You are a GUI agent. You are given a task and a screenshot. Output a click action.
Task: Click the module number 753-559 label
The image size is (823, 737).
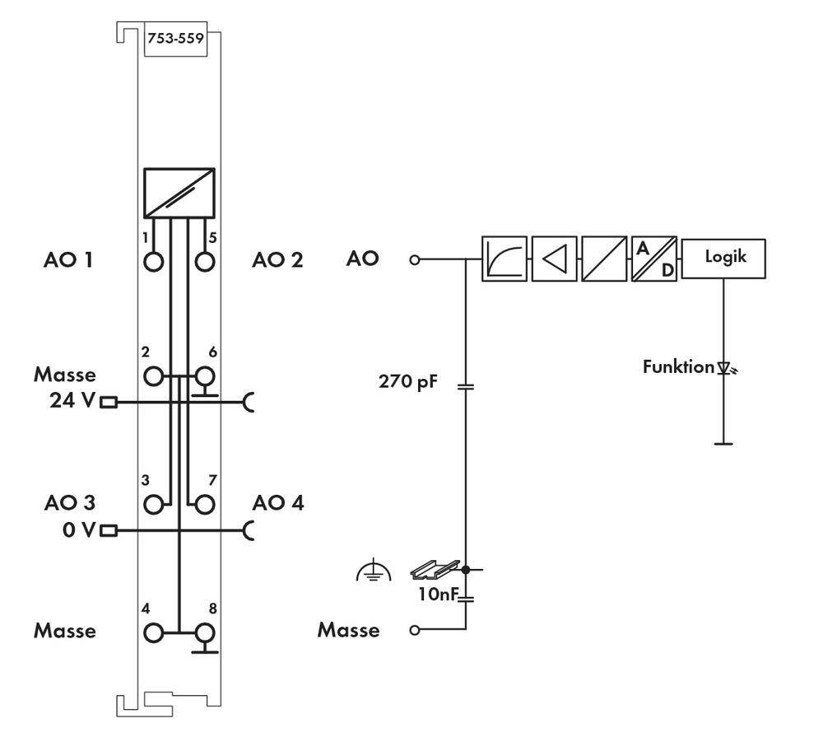coord(175,38)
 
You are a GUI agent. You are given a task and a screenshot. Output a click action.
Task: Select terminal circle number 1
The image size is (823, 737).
coord(154,262)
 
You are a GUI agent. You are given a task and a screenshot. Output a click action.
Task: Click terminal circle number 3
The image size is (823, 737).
coord(154,503)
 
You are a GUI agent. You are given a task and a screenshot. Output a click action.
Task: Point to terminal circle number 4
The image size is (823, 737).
coord(154,632)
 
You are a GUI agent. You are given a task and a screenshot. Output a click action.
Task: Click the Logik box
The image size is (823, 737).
coord(723,259)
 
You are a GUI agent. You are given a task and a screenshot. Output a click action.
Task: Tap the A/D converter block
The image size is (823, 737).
coord(654,259)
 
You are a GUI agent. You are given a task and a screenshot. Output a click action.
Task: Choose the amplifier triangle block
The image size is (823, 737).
coord(554,259)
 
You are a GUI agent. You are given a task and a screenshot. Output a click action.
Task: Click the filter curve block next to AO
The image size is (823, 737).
coord(504,259)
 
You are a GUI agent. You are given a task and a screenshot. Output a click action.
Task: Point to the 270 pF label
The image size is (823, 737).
coord(407,382)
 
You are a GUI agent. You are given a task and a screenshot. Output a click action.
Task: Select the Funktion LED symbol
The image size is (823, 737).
coord(725,368)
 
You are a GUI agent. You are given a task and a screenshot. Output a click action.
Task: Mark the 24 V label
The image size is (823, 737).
coord(72,402)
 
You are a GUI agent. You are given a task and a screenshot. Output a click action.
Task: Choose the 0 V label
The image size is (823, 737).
coord(79,529)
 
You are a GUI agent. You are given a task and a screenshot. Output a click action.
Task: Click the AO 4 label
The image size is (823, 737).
coord(278,502)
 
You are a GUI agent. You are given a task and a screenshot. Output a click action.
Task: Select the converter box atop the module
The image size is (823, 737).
coord(179,193)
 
